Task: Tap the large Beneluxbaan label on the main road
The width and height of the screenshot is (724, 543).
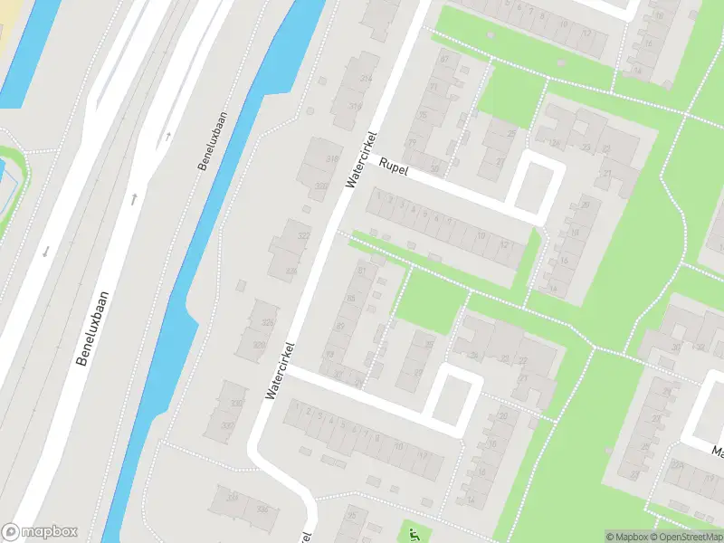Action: (93, 328)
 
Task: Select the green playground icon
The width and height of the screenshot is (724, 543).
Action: (413, 533)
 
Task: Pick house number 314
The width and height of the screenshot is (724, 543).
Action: (366, 79)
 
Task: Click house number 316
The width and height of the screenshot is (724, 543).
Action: (355, 106)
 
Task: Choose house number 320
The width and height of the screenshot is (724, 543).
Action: (319, 186)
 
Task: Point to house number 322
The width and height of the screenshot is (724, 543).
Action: (303, 235)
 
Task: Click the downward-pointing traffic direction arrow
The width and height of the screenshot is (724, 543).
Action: (43, 251)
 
